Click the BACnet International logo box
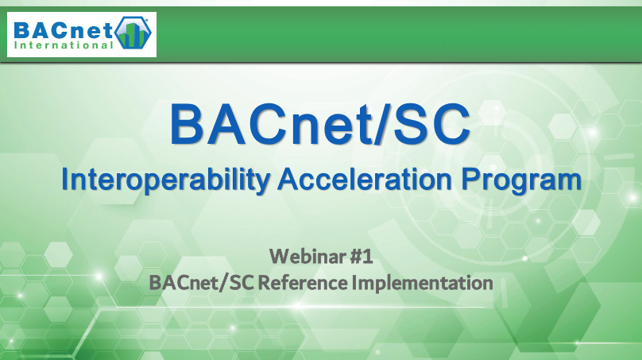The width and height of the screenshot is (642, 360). click(82, 34)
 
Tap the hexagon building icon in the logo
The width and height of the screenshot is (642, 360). click(133, 33)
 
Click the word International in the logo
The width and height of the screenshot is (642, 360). click(64, 45)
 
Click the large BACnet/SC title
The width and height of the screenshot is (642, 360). click(319, 124)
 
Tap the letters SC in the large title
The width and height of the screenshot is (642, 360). click(431, 124)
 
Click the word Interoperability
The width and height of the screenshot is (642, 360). click(165, 180)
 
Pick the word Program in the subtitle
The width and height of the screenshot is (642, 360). click(520, 180)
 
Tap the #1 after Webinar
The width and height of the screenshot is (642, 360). click(362, 257)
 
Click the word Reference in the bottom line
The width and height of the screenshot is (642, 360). click(303, 283)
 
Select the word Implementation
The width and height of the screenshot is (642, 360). click(423, 284)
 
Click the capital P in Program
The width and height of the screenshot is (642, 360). click(470, 179)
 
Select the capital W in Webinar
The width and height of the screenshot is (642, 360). click(280, 257)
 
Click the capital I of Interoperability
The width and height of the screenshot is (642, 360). click(64, 179)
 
